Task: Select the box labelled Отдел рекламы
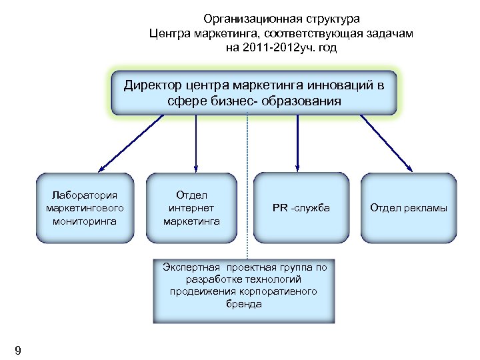coord(408,207)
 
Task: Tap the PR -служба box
coord(301,207)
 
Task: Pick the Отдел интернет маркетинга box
coord(191,207)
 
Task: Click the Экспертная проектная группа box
coord(244,287)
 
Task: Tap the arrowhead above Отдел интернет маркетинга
coord(196,169)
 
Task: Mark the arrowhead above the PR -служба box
coord(297,169)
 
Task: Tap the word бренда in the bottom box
coord(244,304)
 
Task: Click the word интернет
coord(191,207)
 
